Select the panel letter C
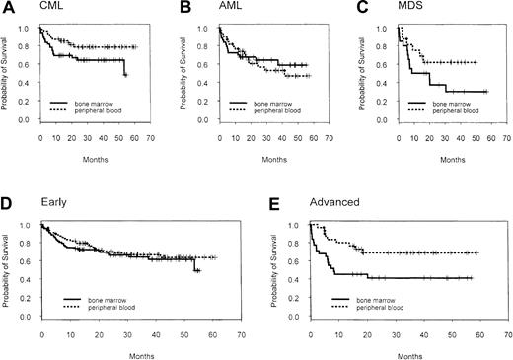coord(362,9)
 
